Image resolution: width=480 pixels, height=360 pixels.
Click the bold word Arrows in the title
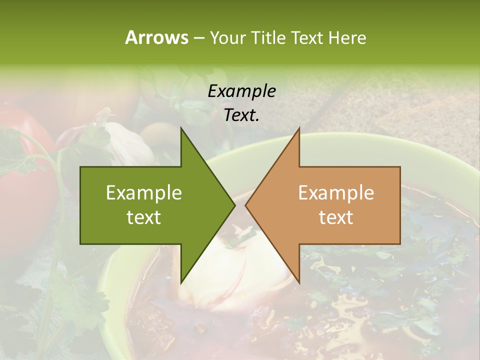point(156,37)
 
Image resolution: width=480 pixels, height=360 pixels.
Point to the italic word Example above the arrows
point(241,91)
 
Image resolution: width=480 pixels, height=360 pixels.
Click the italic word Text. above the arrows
point(241,115)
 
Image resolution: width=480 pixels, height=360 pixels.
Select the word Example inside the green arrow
point(144,193)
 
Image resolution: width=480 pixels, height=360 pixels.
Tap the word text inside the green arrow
point(144,217)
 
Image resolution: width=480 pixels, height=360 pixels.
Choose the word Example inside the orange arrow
point(336,193)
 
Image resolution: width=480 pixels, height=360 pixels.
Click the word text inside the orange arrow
point(336,217)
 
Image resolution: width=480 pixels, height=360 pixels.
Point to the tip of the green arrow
point(234,205)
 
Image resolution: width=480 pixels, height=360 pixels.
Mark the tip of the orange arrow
point(245,205)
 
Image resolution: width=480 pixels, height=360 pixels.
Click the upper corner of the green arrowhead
point(181,128)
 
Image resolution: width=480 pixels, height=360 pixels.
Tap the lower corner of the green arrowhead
point(181,283)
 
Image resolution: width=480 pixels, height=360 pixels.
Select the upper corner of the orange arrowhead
point(299,128)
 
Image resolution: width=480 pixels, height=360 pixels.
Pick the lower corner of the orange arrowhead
point(299,283)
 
